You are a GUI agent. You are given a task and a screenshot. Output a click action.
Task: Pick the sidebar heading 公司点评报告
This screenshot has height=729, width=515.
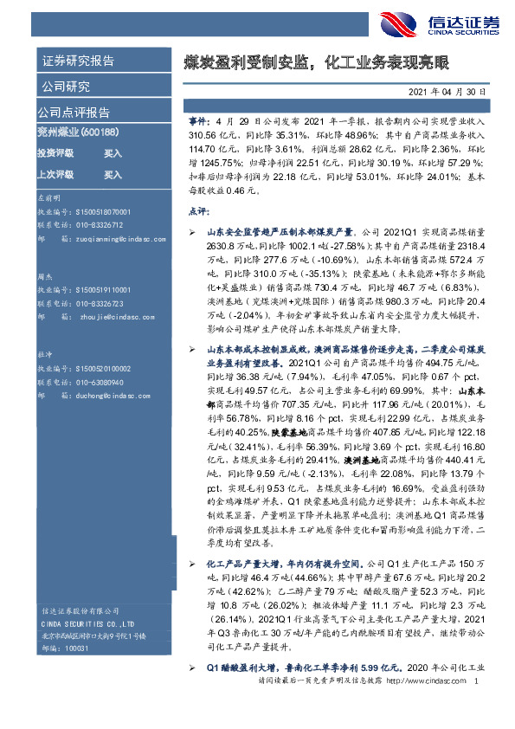point(73,113)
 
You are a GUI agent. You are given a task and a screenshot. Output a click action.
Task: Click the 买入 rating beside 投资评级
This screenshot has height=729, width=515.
point(113,152)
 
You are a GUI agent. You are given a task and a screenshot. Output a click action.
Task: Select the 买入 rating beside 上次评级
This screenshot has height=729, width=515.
point(113,174)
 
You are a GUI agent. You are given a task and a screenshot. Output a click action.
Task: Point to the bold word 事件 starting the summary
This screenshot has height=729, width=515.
point(198,123)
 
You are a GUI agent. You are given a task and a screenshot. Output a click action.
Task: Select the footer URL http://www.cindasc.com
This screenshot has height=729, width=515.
point(428,707)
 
